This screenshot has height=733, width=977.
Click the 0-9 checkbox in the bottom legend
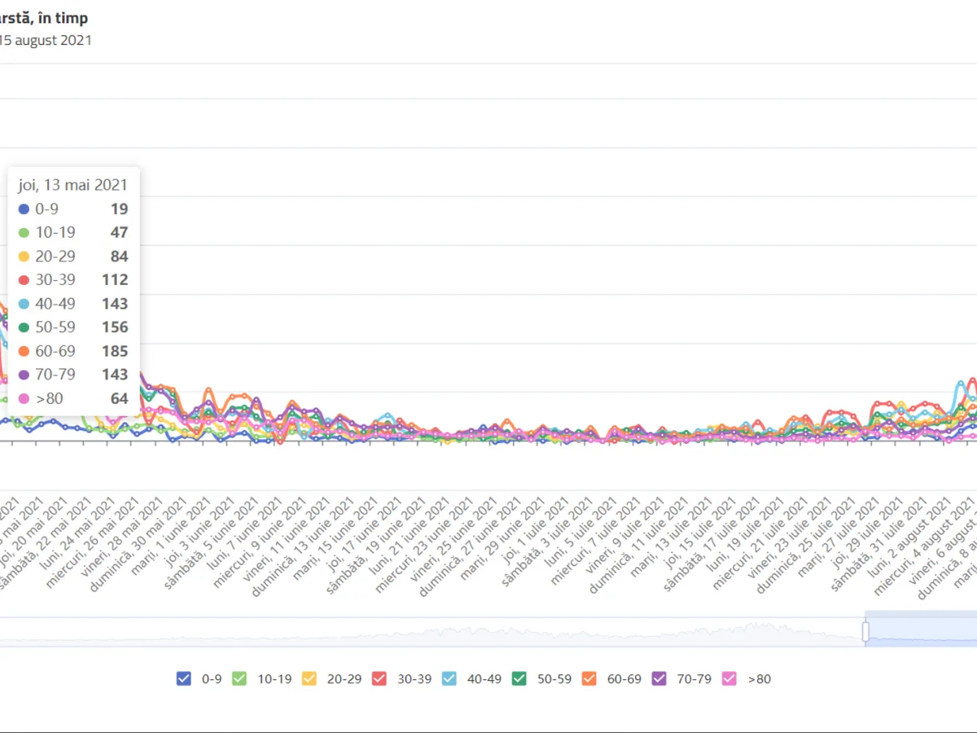point(184,678)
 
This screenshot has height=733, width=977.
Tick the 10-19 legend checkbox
point(239,678)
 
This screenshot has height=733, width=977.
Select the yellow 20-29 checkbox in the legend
point(309,678)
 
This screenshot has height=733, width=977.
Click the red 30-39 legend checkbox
point(379,678)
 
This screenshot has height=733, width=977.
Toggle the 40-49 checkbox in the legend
point(449,678)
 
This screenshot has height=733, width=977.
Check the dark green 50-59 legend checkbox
point(519,678)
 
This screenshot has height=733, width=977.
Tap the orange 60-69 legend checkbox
point(589,678)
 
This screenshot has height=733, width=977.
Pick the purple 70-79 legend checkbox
point(659,678)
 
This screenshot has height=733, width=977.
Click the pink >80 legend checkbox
point(729,678)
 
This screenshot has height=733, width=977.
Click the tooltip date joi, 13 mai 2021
point(73,185)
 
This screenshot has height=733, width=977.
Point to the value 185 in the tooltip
point(115,351)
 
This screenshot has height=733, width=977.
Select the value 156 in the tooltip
point(115,327)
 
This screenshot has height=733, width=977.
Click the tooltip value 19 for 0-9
point(120,209)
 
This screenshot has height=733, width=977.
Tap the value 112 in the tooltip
point(115,280)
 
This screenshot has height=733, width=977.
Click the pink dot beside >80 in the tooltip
point(24,399)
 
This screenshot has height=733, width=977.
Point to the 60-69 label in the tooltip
point(55,351)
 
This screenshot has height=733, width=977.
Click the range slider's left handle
point(865,631)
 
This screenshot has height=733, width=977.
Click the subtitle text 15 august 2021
point(46,40)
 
